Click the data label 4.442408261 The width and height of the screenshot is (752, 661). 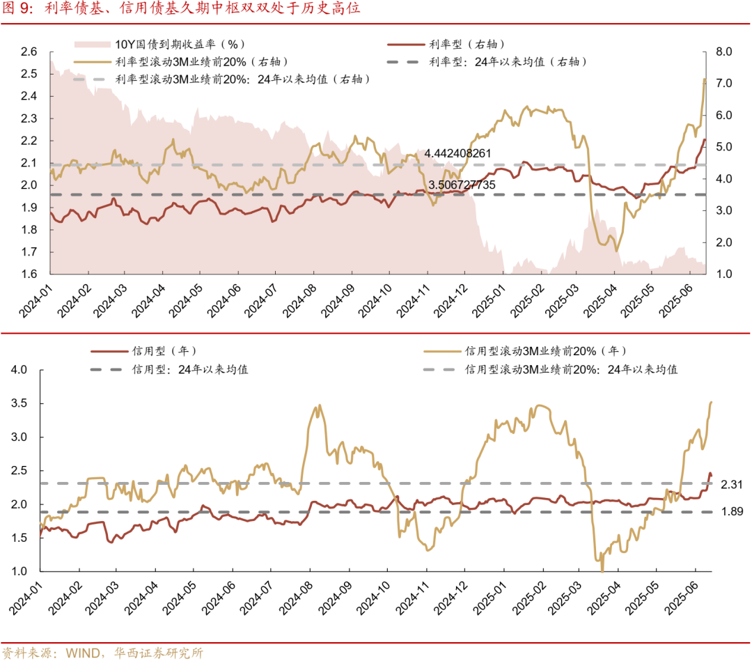click(x=458, y=153)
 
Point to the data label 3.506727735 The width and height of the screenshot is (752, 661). click(x=462, y=185)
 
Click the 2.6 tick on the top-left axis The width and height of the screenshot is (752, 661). click(x=29, y=52)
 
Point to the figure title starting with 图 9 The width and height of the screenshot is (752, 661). click(x=181, y=10)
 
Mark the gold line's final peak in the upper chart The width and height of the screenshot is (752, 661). click(x=704, y=79)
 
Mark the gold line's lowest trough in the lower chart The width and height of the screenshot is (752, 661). click(x=602, y=570)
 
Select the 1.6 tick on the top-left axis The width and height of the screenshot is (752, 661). click(x=29, y=274)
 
